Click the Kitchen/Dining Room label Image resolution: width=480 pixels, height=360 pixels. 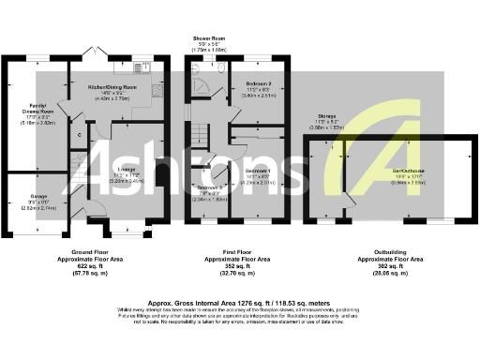pos(112,87)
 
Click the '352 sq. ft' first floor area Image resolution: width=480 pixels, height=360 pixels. pos(229,265)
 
